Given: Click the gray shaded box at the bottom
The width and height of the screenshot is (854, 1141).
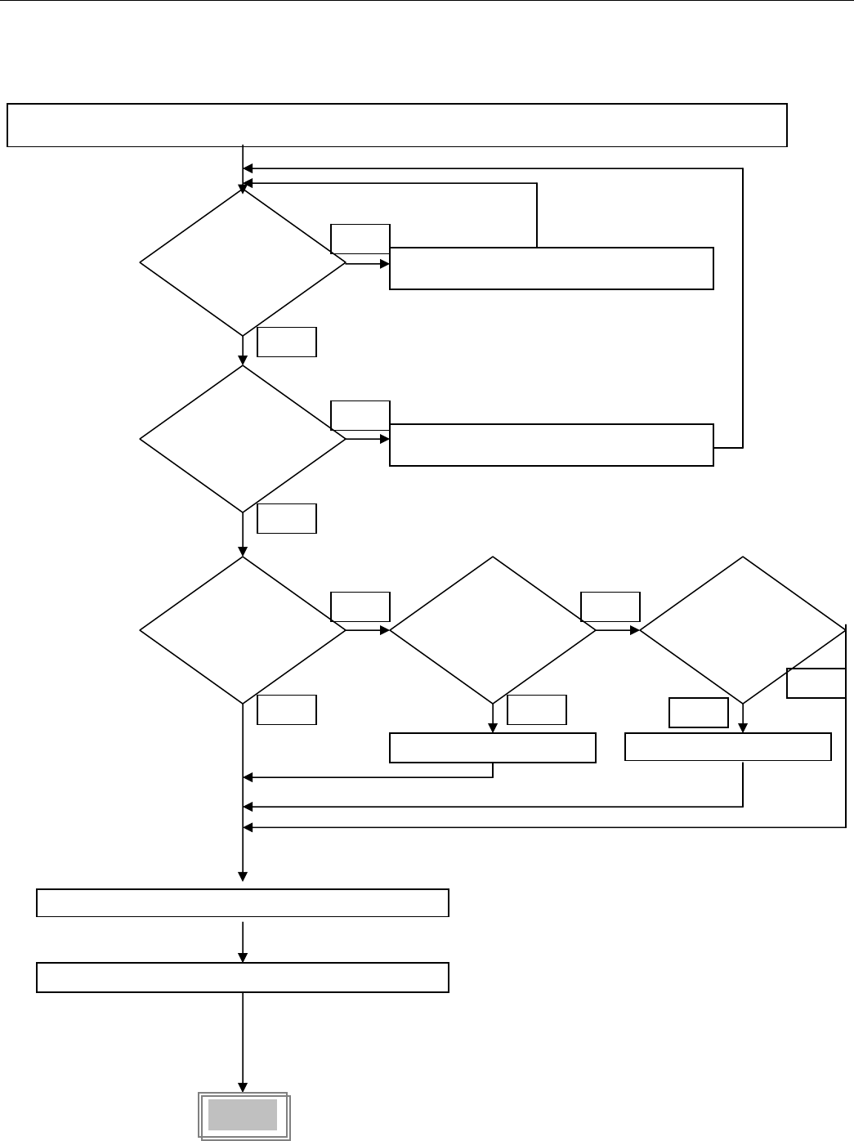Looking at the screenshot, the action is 243,1116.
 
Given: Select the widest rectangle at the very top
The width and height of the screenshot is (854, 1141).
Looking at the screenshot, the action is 396,125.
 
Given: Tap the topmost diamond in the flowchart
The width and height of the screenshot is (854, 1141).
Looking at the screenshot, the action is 243,263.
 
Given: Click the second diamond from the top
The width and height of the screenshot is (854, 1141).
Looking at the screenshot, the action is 243,439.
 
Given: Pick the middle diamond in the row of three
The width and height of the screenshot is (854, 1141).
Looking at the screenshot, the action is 493,630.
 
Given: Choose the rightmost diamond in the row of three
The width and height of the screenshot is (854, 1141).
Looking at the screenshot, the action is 742,630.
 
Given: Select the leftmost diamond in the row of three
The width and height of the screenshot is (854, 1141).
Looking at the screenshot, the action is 243,630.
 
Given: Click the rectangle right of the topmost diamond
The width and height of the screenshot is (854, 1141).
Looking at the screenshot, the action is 552,268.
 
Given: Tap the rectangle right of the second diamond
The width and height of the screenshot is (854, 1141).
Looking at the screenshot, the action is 552,445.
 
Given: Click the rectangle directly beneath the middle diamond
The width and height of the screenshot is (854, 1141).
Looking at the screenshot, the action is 493,748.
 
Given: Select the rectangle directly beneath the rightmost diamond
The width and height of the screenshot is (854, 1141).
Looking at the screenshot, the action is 728,747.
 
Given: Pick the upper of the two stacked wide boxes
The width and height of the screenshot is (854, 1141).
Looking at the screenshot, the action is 243,902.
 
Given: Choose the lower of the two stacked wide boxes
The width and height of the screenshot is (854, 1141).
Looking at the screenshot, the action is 243,978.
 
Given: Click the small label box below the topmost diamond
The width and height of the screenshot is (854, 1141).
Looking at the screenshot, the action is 287,342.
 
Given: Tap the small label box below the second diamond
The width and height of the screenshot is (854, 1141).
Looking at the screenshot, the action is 287,519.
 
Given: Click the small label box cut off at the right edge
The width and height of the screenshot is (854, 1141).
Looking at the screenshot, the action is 816,683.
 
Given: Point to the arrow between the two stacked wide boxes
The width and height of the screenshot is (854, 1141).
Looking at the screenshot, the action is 243,940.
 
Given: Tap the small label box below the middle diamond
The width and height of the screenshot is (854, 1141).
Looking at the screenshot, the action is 537,709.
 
